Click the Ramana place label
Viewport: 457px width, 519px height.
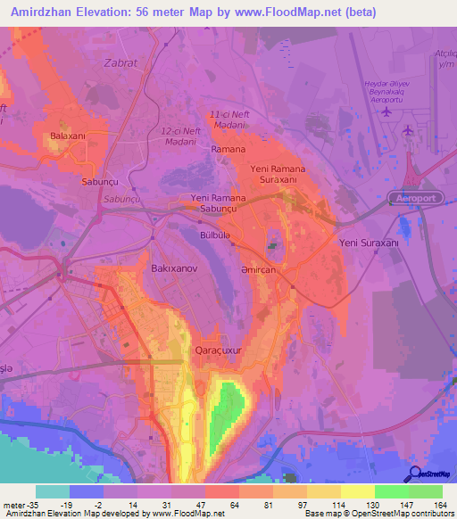(x=228, y=149)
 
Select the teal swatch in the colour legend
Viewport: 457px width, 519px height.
(x=53, y=490)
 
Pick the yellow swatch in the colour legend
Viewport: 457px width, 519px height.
(x=357, y=490)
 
